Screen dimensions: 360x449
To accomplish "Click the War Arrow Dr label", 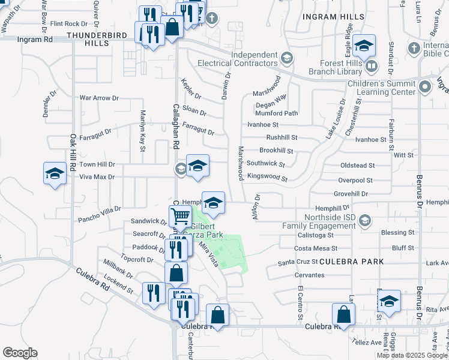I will point(99,98).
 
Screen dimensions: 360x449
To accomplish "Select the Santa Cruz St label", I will point(297,263).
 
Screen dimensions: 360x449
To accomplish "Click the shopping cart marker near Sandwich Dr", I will point(180,215).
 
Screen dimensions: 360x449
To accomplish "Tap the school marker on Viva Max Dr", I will point(55,174).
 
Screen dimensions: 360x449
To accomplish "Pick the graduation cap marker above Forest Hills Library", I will point(364,46).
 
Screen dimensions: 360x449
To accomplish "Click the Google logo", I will point(20,353).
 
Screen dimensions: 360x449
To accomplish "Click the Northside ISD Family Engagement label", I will point(321,221).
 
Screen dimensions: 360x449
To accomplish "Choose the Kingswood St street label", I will point(267,179).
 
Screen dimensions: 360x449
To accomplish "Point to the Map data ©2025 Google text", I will point(412,355).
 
